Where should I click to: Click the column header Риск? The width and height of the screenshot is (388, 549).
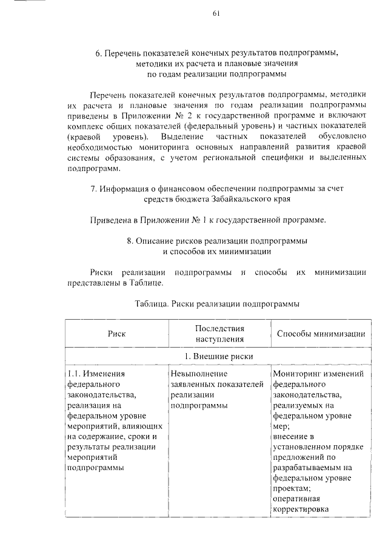[x=117, y=334]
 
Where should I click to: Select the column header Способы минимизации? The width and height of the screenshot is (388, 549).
[x=320, y=334]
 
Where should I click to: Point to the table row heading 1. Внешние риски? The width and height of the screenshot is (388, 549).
[x=219, y=356]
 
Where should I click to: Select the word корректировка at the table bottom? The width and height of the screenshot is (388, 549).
[x=301, y=509]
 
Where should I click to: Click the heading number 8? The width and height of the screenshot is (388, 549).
[x=130, y=240]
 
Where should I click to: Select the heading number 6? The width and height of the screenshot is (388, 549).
[x=98, y=53]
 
